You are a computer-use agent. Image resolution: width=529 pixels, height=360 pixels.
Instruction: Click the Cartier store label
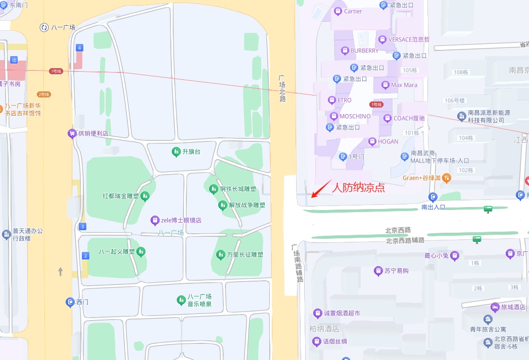click(353, 11)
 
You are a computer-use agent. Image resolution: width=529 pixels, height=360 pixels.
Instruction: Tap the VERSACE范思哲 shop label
click(409, 39)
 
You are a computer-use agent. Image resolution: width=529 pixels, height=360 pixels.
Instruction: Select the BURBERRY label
click(364, 50)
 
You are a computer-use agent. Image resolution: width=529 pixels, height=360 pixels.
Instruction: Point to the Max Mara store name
click(404, 85)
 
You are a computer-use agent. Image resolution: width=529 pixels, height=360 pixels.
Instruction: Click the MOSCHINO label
click(355, 116)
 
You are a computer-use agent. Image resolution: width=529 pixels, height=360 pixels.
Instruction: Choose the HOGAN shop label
click(388, 142)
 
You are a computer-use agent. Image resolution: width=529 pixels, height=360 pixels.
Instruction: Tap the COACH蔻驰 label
click(409, 119)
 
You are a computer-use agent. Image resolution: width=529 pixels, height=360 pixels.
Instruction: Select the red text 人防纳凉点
click(359, 187)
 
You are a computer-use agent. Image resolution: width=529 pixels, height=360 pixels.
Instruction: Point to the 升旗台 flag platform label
click(191, 151)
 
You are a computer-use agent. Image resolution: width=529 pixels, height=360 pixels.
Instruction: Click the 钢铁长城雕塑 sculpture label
click(237, 189)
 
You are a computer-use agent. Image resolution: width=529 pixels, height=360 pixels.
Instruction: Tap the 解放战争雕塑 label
click(247, 205)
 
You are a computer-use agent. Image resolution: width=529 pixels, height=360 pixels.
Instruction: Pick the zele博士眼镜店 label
click(181, 220)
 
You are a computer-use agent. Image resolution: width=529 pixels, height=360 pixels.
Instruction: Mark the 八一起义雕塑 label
click(117, 251)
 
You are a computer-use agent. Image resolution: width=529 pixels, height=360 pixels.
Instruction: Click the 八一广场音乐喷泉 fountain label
click(199, 300)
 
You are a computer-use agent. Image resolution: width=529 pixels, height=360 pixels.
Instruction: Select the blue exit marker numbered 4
click(79, 48)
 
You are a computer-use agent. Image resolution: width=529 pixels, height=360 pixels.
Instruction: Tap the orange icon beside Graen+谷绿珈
click(447, 178)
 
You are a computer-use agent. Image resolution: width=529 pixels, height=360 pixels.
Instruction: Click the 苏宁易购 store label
click(396, 271)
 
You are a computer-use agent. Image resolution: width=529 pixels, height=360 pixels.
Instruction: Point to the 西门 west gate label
click(82, 302)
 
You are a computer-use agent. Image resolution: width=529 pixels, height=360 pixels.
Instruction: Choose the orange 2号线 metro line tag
click(43, 94)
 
